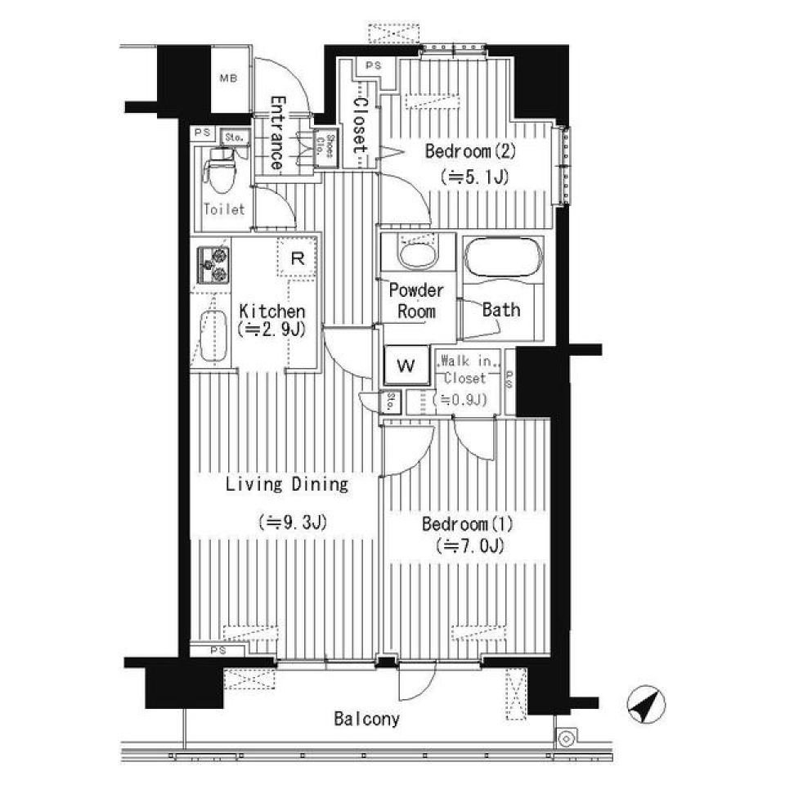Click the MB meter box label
(x=228, y=79)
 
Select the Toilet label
(x=224, y=209)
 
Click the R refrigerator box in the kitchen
(x=298, y=259)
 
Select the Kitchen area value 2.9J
(x=272, y=330)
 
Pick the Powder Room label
(x=416, y=300)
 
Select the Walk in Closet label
(x=464, y=370)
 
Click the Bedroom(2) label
(x=469, y=151)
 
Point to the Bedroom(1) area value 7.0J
(x=469, y=545)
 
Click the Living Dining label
(x=287, y=485)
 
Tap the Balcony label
(x=367, y=720)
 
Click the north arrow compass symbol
(x=646, y=704)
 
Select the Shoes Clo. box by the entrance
(x=329, y=148)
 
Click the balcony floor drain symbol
(x=565, y=738)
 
